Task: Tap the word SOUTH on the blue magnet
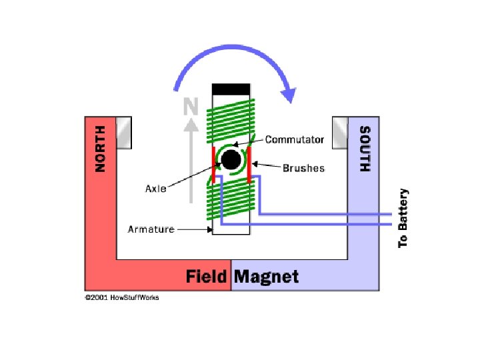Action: click(365, 148)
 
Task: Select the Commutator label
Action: click(295, 140)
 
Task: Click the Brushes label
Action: click(303, 168)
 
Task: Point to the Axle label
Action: click(156, 189)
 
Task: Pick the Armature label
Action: click(151, 229)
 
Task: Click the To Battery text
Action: click(403, 218)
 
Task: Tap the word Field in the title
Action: click(207, 277)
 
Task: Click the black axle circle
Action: click(231, 160)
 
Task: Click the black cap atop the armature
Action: click(231, 89)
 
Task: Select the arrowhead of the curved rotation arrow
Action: click(288, 93)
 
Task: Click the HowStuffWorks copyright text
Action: click(122, 297)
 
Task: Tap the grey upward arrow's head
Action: click(191, 124)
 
